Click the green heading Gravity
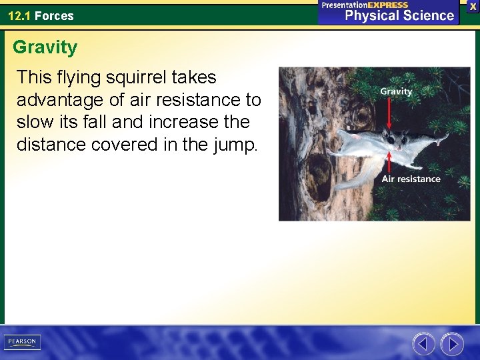45,47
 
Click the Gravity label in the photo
396,91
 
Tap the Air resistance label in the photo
411,179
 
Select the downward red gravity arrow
389,113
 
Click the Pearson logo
22,342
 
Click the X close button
473,6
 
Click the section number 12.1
19,15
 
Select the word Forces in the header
54,15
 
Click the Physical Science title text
399,15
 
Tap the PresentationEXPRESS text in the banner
365,5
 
